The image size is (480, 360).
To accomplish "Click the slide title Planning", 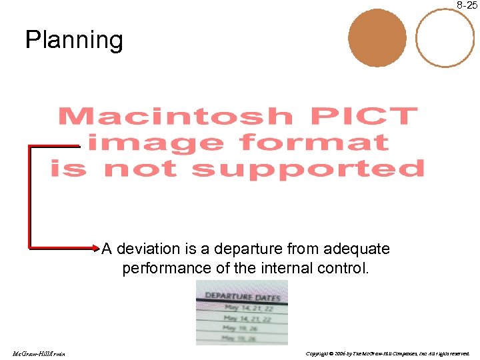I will (74, 41).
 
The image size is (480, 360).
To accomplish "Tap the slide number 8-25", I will (467, 5).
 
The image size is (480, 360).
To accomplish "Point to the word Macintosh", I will (175, 117).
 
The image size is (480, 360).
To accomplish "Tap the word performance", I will (163, 269).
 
